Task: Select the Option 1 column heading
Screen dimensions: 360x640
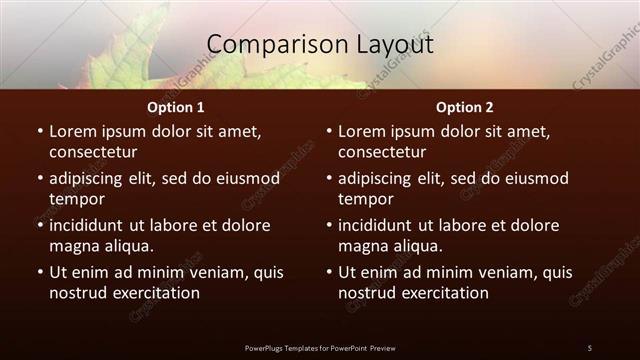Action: [175, 106]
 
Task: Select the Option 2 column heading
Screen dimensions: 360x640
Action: [465, 106]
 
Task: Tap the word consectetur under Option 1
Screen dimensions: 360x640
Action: [93, 152]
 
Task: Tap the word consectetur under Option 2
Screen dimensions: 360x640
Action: [383, 152]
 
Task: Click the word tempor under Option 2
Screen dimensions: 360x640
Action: [366, 199]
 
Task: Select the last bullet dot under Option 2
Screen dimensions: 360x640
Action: [329, 272]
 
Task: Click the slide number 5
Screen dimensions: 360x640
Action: [589, 348]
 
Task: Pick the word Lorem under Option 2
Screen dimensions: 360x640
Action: [361, 131]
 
